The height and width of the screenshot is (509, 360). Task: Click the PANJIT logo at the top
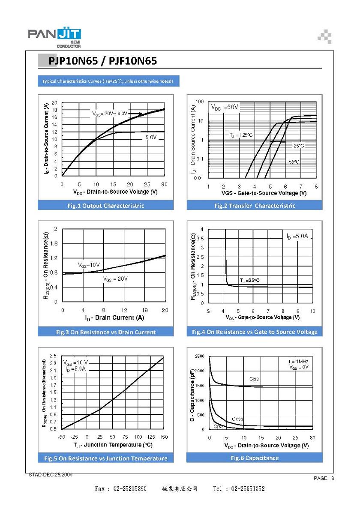[54, 37]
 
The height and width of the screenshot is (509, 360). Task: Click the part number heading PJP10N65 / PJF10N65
[102, 61]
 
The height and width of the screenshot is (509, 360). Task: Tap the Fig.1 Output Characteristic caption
[106, 206]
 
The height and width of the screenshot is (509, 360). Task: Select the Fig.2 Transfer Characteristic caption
[255, 206]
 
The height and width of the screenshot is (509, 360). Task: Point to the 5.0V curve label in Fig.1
[151, 137]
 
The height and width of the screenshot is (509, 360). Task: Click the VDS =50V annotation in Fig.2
[224, 107]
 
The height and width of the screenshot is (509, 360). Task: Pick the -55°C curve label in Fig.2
[293, 162]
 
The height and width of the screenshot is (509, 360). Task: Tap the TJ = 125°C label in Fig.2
[241, 135]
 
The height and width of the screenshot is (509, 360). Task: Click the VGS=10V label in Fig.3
[89, 265]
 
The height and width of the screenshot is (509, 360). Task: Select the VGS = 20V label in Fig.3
[115, 279]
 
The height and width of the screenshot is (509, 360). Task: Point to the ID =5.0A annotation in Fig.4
[297, 237]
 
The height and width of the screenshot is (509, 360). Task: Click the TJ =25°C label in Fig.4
[249, 281]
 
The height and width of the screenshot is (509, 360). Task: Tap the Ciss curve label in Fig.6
[254, 379]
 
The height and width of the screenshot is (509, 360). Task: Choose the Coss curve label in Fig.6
[237, 419]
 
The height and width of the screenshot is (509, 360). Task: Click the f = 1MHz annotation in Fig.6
[298, 361]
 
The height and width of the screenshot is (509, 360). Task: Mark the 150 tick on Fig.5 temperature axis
[164, 437]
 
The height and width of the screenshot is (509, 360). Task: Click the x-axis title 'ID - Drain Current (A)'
[114, 318]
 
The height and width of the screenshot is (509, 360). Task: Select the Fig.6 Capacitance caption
[255, 458]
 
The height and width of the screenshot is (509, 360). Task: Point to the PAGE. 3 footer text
[324, 478]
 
